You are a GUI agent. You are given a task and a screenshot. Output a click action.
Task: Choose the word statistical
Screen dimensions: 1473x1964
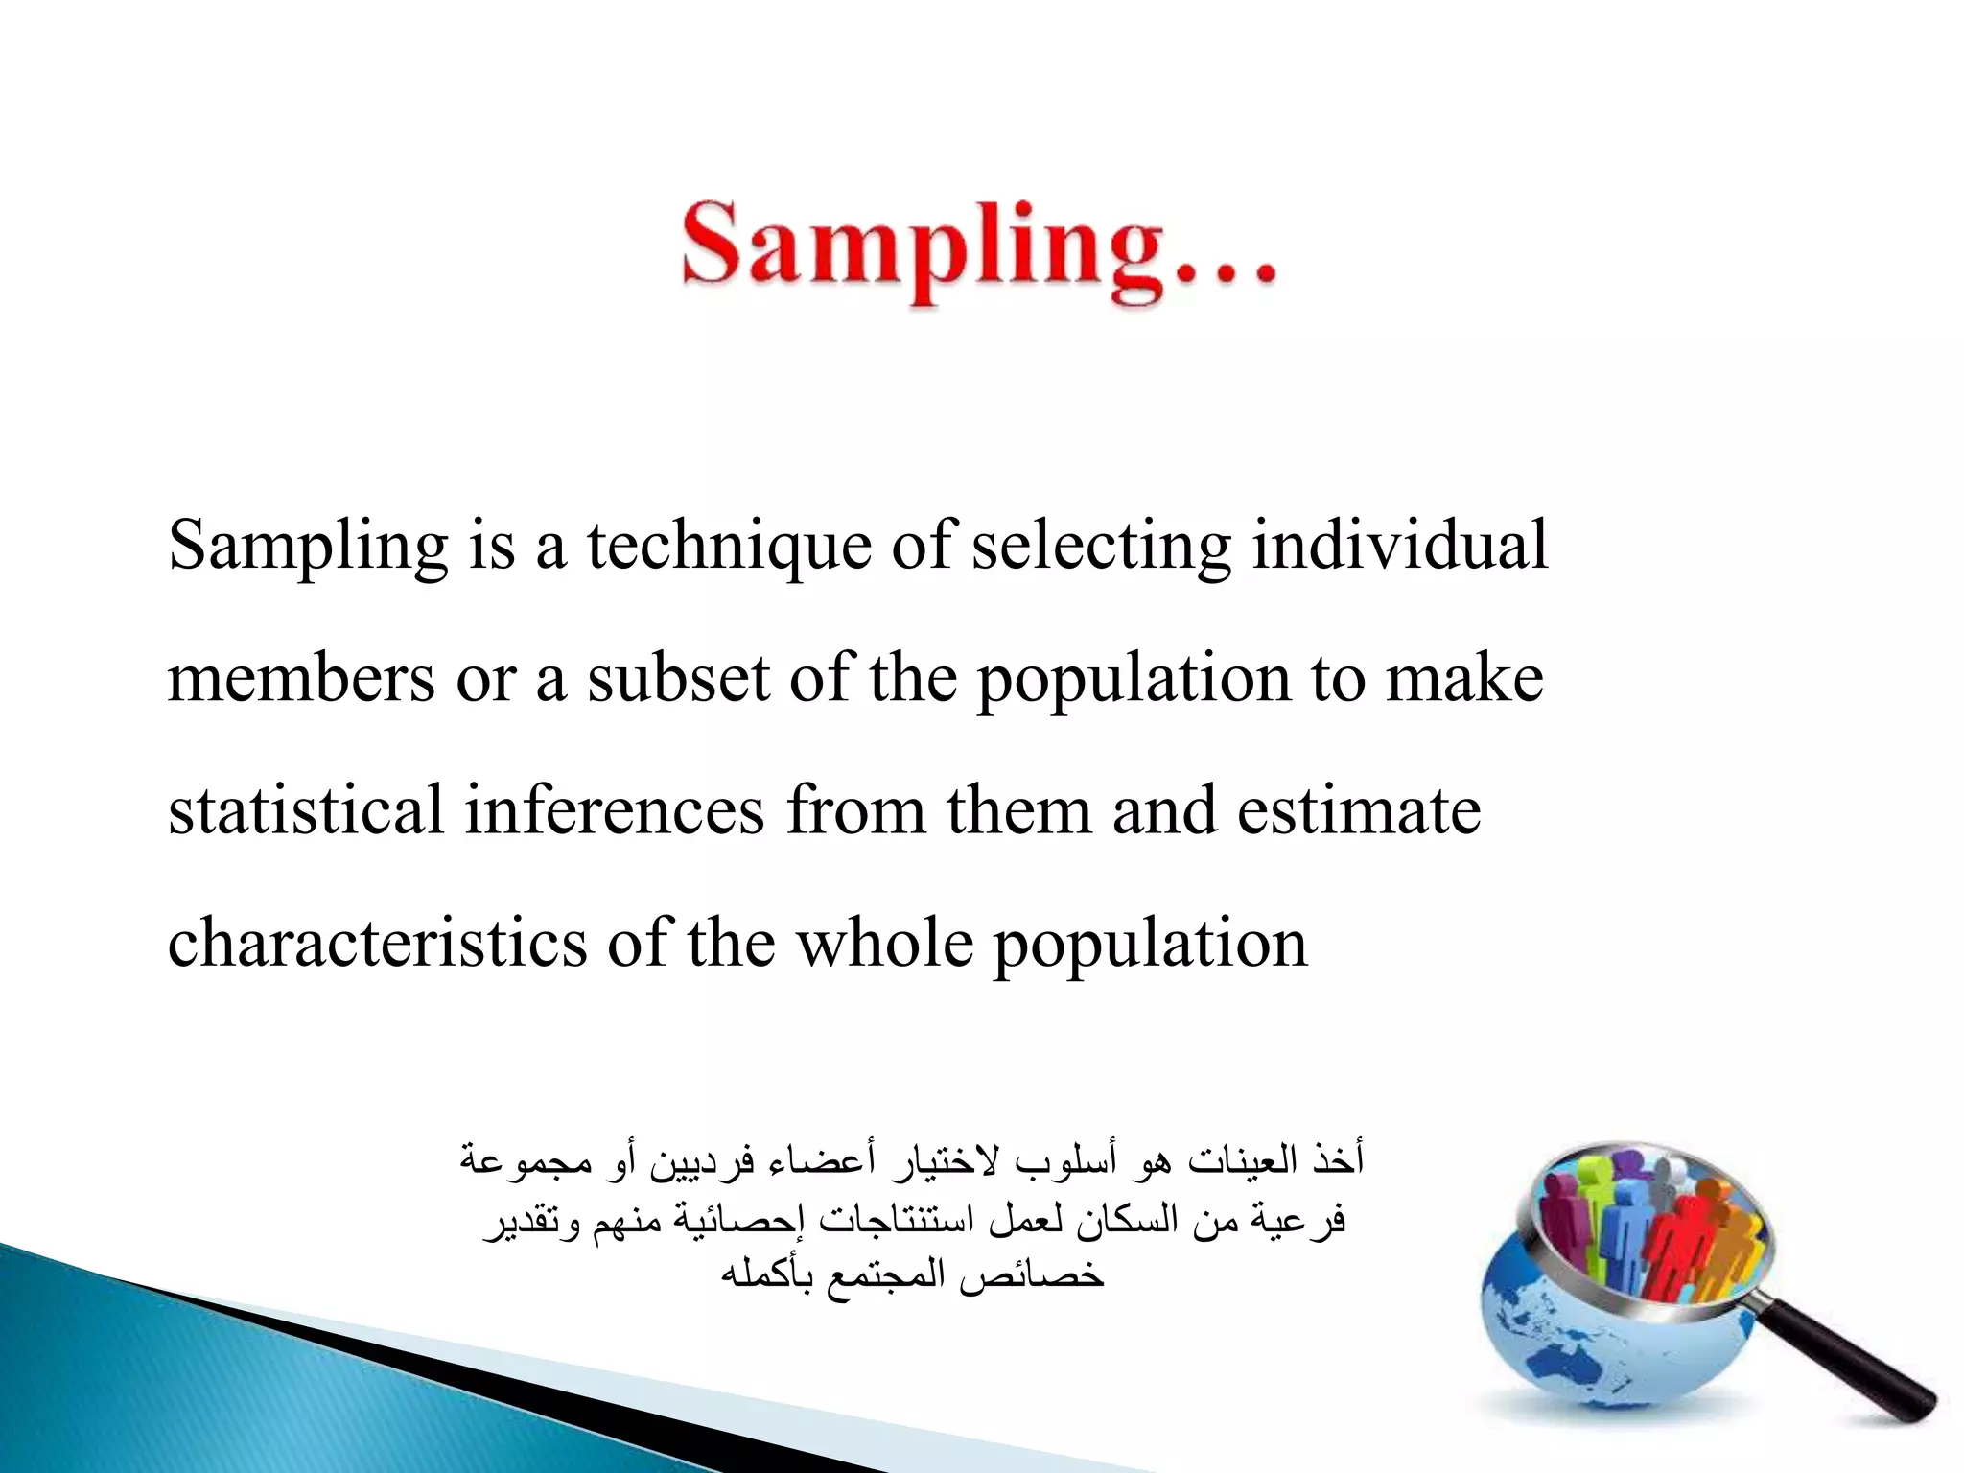(306, 810)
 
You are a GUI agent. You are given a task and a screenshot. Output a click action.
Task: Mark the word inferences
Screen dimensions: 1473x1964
(615, 810)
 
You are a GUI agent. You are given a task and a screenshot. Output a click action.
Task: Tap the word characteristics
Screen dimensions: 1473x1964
(377, 944)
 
